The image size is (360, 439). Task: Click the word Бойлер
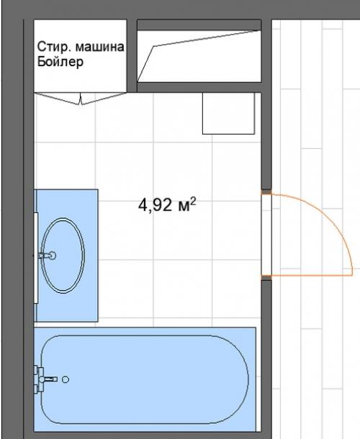point(60,62)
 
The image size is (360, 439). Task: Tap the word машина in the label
point(100,47)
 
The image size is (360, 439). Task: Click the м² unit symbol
point(187,204)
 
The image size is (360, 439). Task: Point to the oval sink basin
point(63,255)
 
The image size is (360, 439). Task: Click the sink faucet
point(47,255)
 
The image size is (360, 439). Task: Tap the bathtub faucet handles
point(39,379)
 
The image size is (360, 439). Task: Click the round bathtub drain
point(66,379)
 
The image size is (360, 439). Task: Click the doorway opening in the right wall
point(266,235)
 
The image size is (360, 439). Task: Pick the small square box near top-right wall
point(229,114)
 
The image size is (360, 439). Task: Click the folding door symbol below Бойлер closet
point(81,99)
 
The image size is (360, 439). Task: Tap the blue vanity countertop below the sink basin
point(67,308)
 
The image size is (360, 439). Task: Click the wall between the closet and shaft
point(132,55)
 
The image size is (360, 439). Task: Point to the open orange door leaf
point(312,276)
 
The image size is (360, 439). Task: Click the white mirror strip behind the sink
point(36,258)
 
